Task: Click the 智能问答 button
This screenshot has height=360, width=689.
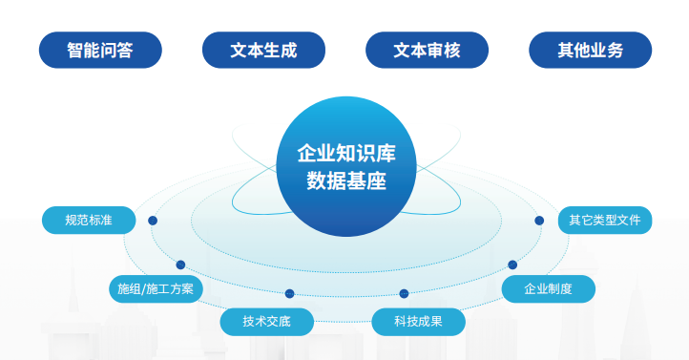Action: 100,50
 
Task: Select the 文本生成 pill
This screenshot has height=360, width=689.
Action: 263,50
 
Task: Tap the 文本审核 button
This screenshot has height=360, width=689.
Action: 428,50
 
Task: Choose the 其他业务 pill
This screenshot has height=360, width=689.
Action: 590,50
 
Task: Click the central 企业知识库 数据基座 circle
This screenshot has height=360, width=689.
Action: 346,166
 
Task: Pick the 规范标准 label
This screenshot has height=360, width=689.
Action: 89,221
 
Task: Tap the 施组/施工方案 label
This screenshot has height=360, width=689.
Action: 156,288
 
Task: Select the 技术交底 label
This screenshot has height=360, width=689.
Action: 266,322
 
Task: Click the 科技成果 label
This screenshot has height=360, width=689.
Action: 418,322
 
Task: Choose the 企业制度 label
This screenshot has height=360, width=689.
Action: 549,288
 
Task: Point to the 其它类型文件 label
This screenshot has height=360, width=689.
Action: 605,221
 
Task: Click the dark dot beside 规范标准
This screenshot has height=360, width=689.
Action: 153,221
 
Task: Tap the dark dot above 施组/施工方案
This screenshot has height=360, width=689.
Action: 180,265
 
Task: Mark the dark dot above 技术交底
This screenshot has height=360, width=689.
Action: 289,293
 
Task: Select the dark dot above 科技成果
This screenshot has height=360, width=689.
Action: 404,293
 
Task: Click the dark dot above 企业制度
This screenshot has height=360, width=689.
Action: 512,265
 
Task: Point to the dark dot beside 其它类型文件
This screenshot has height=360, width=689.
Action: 539,221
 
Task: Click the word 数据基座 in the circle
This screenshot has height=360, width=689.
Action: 346,180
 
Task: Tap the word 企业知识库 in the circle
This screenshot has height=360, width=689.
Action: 346,154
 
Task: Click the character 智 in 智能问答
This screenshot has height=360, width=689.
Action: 75,50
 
